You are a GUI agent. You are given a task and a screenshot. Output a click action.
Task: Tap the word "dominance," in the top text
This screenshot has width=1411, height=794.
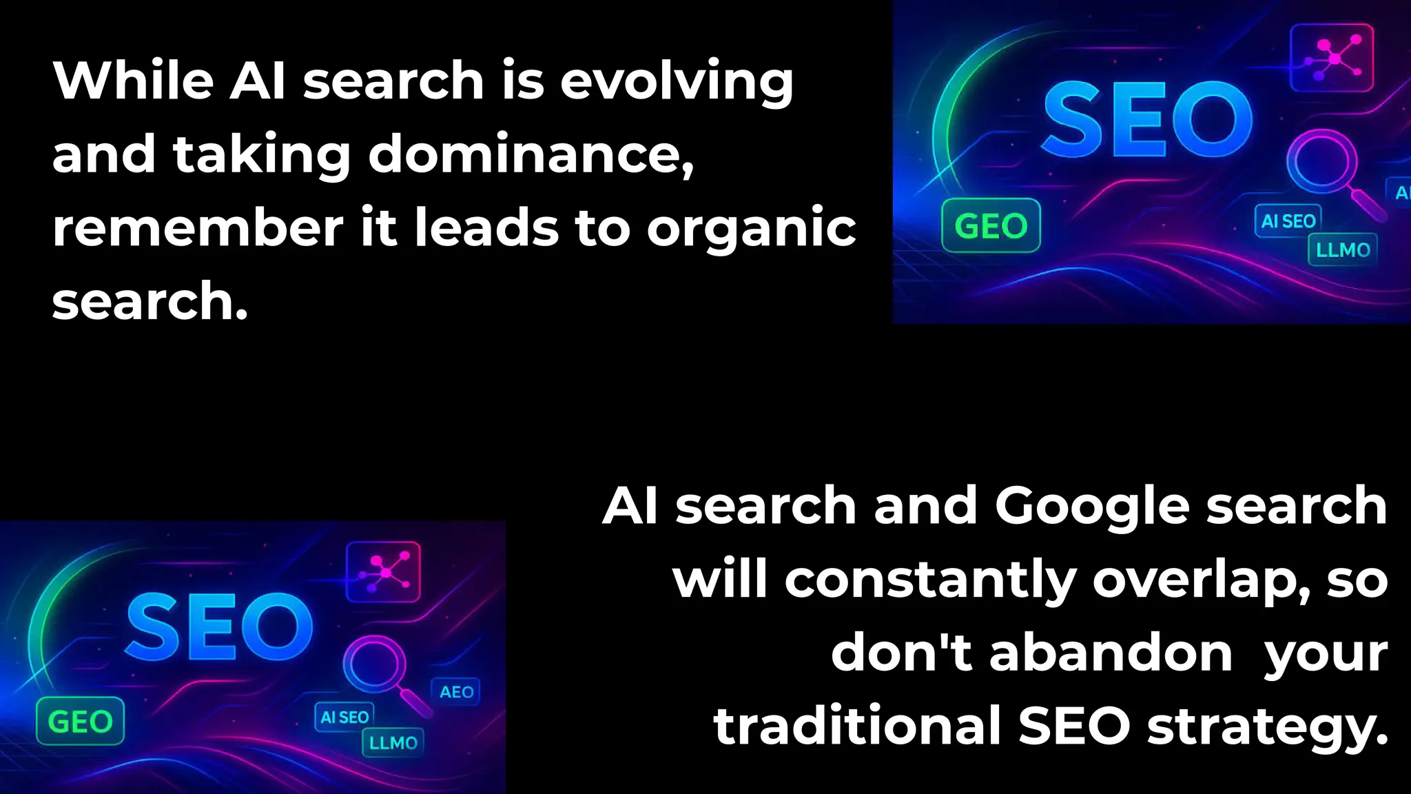tap(531, 154)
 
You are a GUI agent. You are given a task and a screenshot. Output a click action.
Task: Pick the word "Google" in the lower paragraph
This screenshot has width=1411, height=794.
tap(1092, 507)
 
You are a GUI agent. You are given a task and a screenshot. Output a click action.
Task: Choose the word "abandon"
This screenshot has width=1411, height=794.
tap(1111, 653)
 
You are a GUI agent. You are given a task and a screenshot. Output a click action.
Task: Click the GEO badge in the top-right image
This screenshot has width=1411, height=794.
tap(991, 225)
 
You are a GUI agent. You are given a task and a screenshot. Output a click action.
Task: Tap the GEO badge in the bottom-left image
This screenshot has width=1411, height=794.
tap(80, 722)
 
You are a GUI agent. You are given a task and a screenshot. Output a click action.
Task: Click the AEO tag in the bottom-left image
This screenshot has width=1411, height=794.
tap(456, 691)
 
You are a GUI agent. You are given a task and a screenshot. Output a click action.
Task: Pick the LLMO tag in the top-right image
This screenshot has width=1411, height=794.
tap(1342, 250)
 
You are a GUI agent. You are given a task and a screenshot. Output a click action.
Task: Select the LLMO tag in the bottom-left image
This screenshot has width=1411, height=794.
tap(393, 742)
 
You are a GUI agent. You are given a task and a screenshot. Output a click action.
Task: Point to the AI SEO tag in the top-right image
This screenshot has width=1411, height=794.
tap(1288, 221)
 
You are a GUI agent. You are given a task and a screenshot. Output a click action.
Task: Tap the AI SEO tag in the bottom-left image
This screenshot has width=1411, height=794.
tap(344, 717)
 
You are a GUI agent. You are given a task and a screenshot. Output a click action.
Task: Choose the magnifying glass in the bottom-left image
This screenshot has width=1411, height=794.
tap(376, 663)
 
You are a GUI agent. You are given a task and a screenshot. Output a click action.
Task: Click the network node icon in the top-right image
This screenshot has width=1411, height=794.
tap(1332, 58)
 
